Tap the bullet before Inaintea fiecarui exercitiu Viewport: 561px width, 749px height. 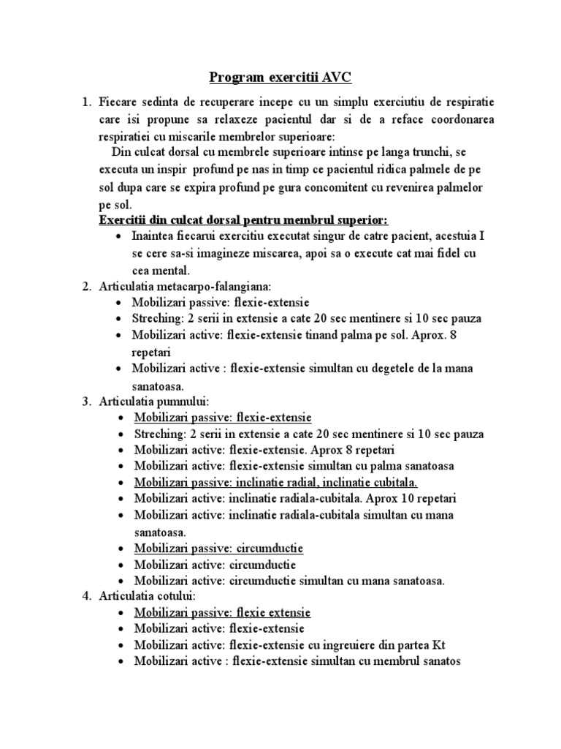click(x=119, y=238)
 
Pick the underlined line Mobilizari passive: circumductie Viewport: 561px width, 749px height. click(x=218, y=548)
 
